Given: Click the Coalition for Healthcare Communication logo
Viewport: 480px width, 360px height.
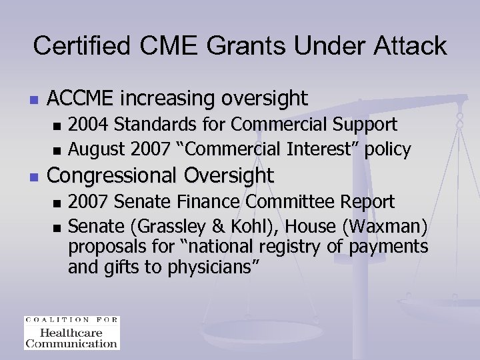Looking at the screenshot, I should click(x=71, y=332).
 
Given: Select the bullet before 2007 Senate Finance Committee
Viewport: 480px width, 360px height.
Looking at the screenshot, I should click(x=57, y=202).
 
